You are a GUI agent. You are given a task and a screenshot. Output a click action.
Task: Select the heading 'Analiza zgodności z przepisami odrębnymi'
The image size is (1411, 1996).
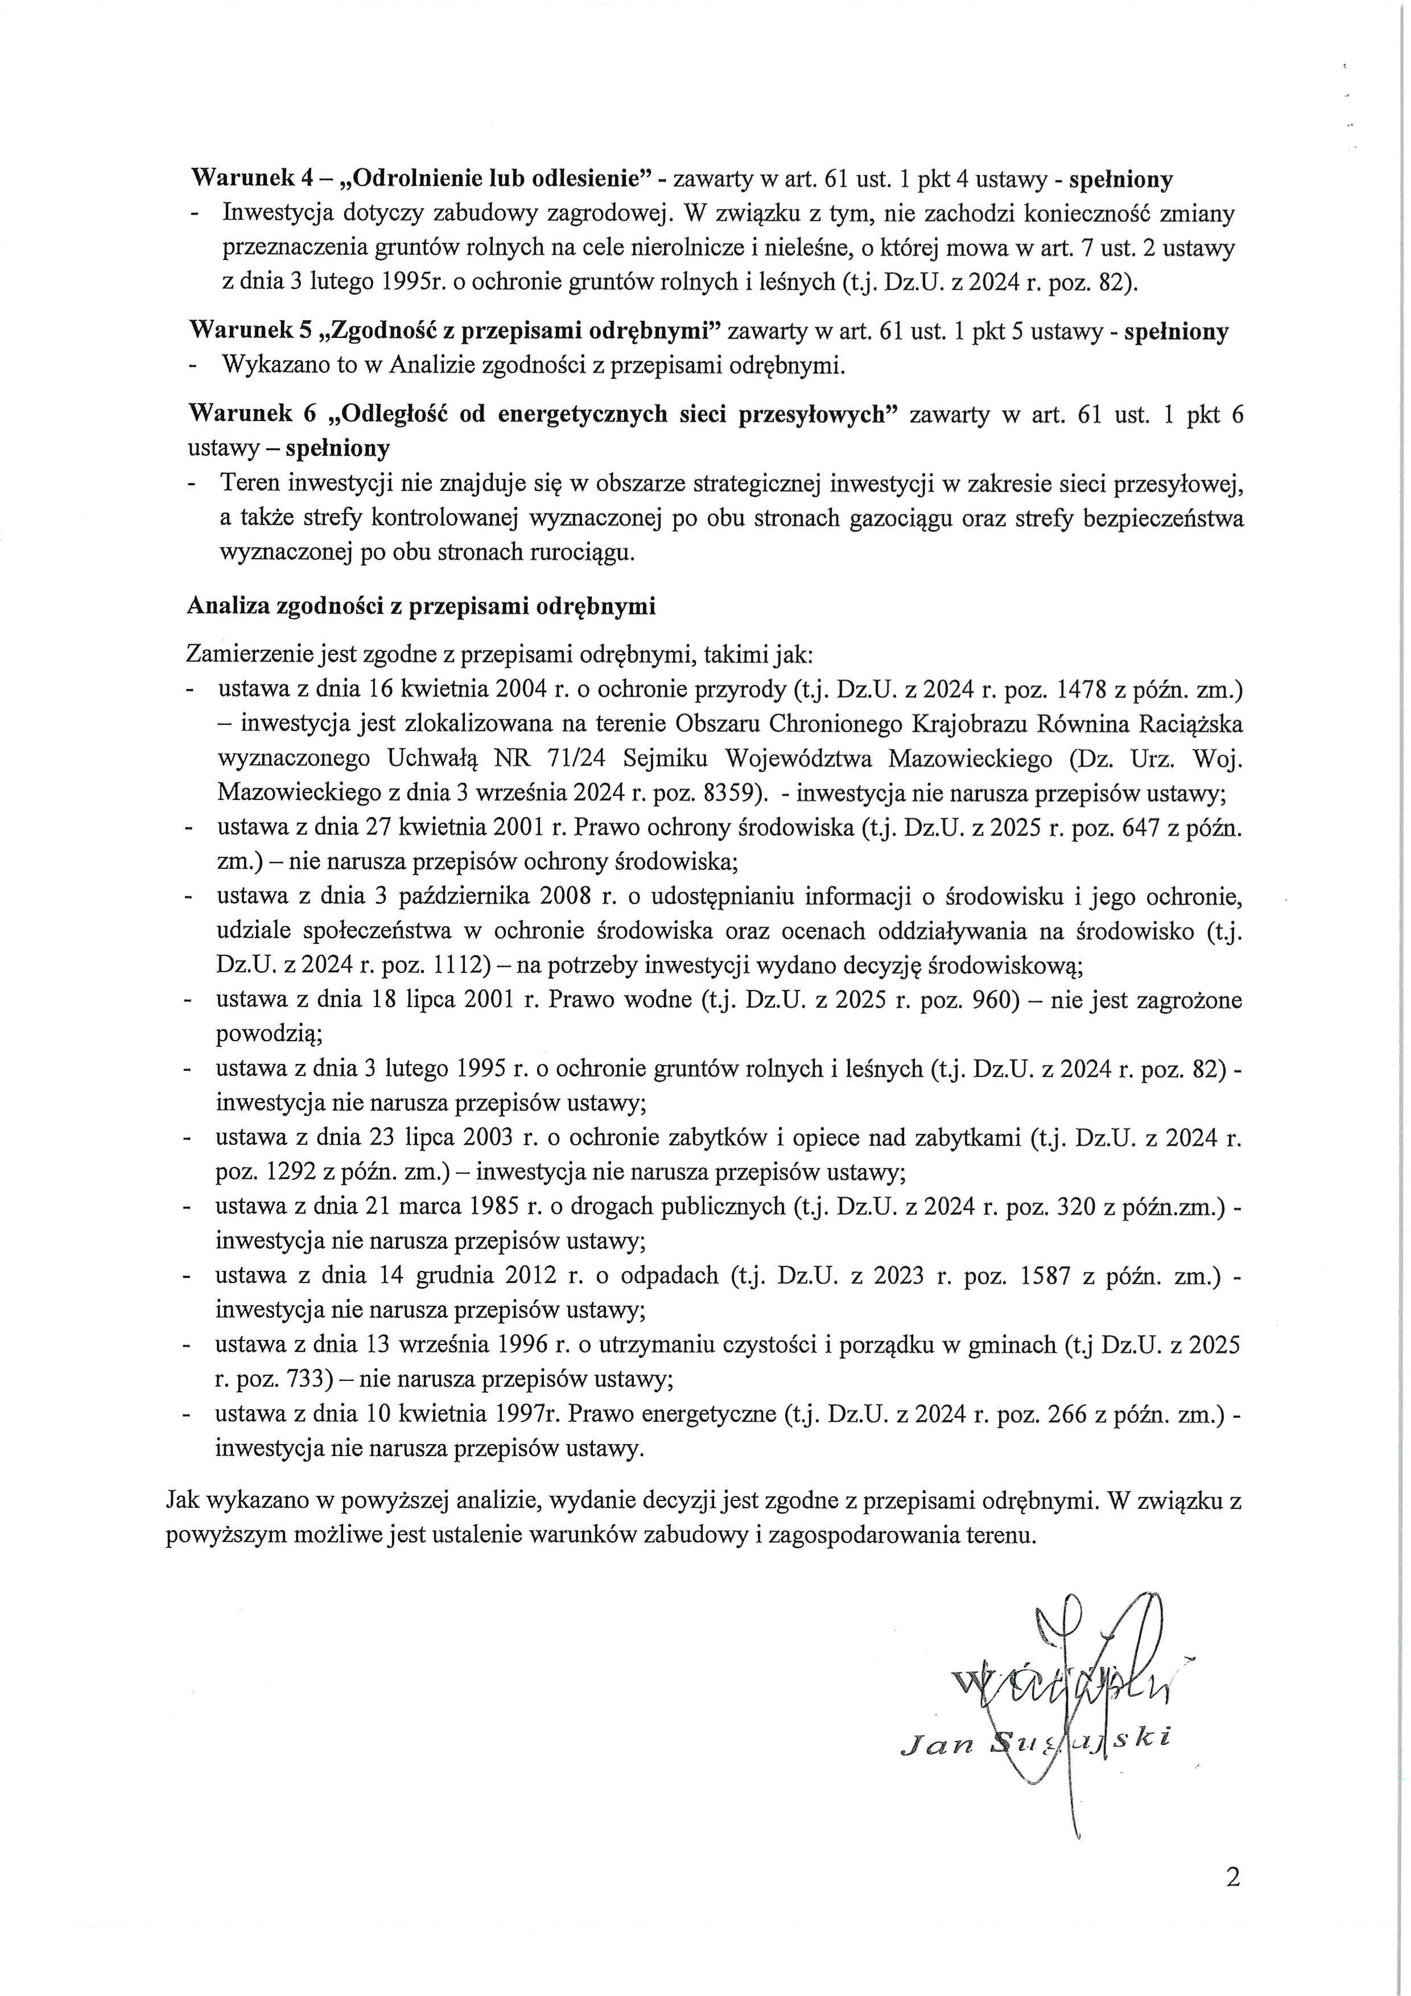(421, 606)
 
